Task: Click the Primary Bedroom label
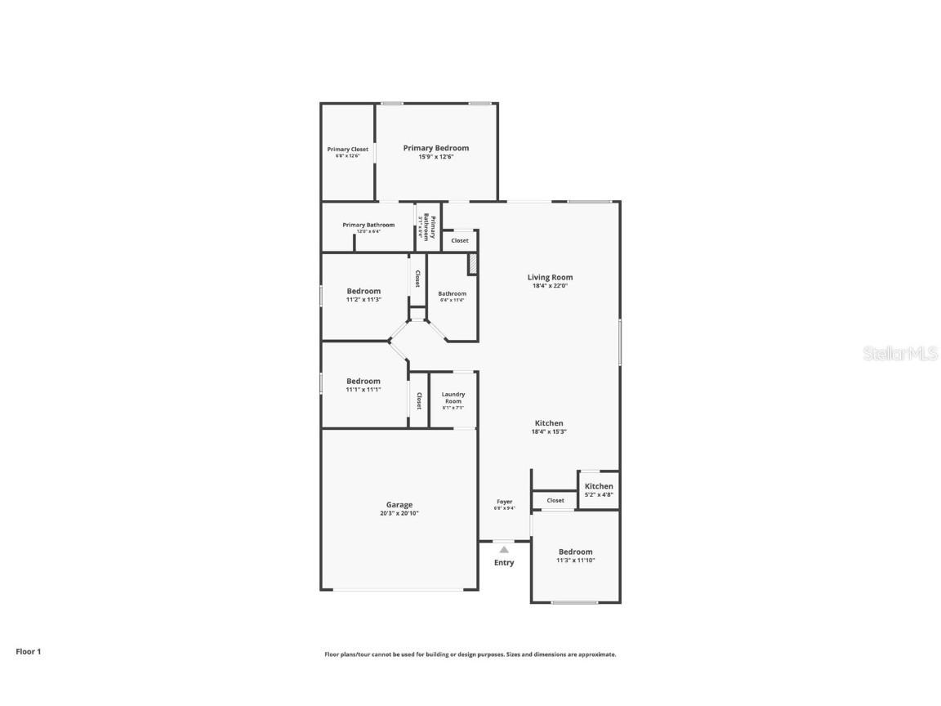coord(436,148)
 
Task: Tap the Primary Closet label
coord(348,150)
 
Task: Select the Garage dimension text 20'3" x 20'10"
coord(399,513)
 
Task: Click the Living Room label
coord(550,277)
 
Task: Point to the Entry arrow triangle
coord(504,550)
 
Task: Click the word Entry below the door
coord(504,562)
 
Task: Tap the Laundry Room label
coord(453,398)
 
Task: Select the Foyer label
coord(505,502)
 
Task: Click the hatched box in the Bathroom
coord(472,265)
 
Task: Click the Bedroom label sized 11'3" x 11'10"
coord(576,552)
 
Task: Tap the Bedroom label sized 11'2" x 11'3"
coord(363,291)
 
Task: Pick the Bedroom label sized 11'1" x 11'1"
coord(363,381)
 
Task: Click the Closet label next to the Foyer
coord(555,500)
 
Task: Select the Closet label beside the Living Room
coord(460,240)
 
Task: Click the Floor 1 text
coord(28,651)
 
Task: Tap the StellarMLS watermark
coord(900,353)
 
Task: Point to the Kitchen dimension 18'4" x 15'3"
coord(550,431)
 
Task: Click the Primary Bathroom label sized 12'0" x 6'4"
coord(368,225)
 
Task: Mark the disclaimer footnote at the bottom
coord(470,654)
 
